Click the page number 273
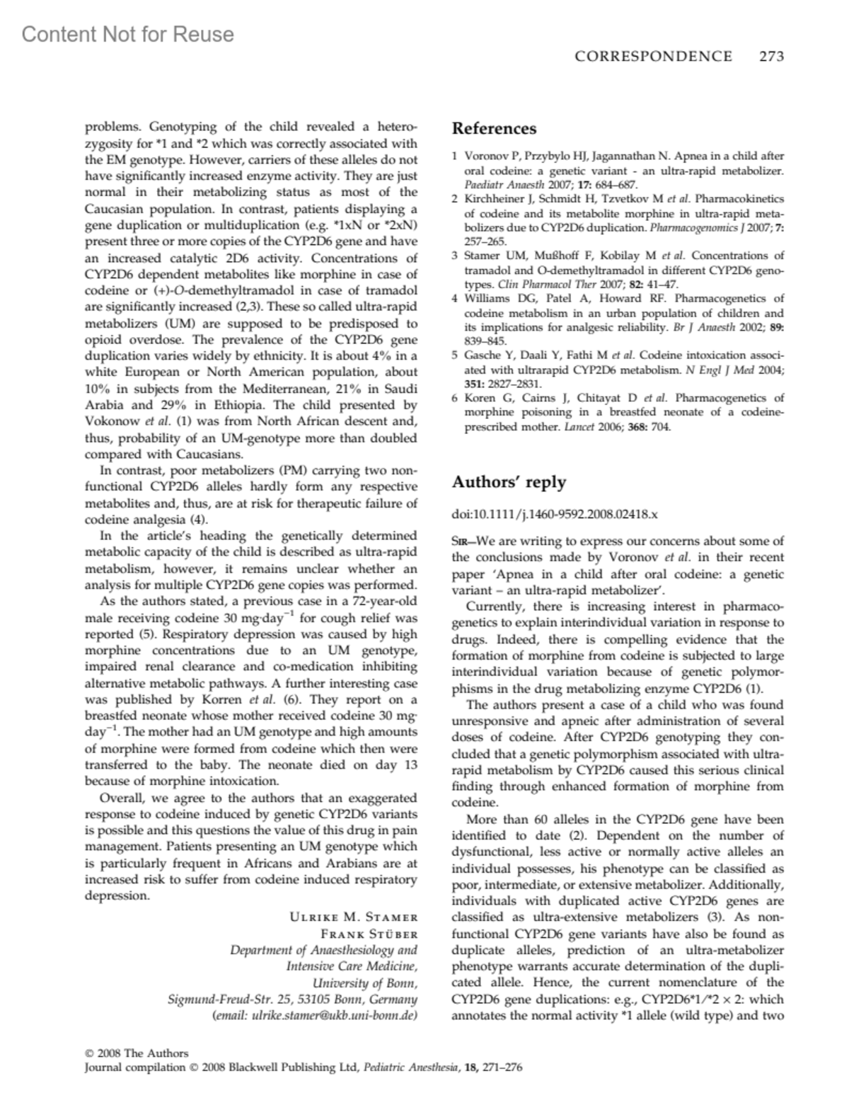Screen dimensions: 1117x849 pos(771,57)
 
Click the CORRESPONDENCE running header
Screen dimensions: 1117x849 pos(653,57)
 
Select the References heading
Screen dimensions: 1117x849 pos(494,128)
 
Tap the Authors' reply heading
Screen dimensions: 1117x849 pos(509,482)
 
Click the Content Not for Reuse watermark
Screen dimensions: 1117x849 pos(127,34)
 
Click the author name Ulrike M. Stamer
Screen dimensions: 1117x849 pos(354,917)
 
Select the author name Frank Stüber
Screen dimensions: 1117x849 pos(369,934)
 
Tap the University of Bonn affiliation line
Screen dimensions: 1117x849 pos(364,983)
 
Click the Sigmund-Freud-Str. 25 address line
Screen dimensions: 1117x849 pos(292,999)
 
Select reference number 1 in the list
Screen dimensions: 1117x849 pos(456,156)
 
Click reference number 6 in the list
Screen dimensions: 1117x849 pos(456,398)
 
